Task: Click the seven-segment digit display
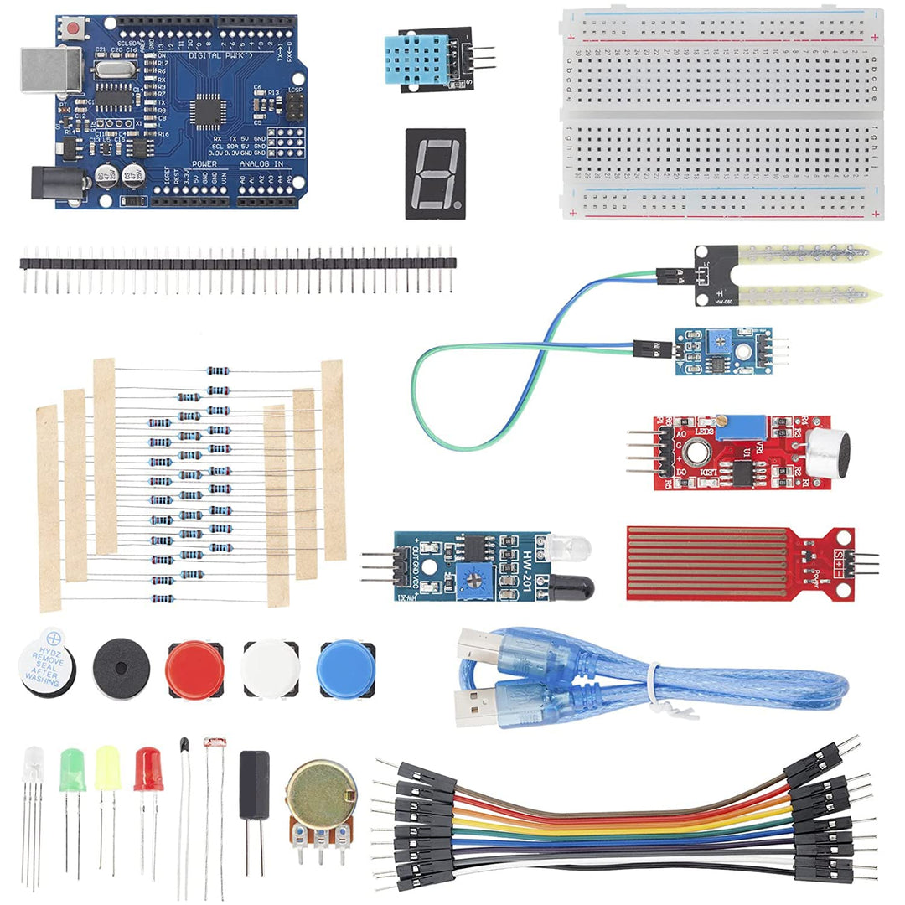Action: click(x=435, y=173)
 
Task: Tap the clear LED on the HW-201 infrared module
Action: click(x=571, y=549)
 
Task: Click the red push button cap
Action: click(x=194, y=670)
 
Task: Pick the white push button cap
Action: click(x=270, y=670)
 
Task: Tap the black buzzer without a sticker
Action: click(x=122, y=668)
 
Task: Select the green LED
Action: click(x=73, y=770)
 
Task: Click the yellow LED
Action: click(x=107, y=768)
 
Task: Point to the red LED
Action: click(x=148, y=769)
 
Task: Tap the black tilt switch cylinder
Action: click(x=255, y=784)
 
